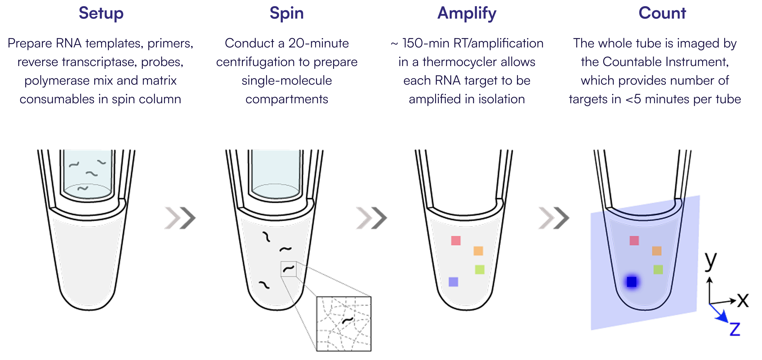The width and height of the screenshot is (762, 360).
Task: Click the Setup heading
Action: pyautogui.click(x=101, y=13)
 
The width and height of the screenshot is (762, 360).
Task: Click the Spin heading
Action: pyautogui.click(x=286, y=13)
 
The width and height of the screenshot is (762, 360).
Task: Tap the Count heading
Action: pyautogui.click(x=662, y=13)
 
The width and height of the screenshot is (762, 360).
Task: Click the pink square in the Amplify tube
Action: pyautogui.click(x=456, y=241)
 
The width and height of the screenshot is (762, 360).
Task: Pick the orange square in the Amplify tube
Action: pyautogui.click(x=478, y=251)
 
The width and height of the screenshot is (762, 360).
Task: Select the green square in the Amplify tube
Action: pyautogui.click(x=479, y=269)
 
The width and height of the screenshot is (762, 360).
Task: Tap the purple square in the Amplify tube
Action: pyautogui.click(x=453, y=282)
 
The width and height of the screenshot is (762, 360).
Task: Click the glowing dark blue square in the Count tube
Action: pyautogui.click(x=632, y=282)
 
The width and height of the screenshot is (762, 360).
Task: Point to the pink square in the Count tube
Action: pyautogui.click(x=634, y=241)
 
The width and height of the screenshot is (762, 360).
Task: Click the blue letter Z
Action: pyautogui.click(x=735, y=329)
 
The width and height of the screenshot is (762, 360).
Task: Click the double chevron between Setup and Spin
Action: pyautogui.click(x=180, y=218)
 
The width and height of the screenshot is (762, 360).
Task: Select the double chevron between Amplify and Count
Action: pyautogui.click(x=553, y=218)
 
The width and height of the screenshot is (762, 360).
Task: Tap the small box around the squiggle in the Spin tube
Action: pyautogui.click(x=288, y=269)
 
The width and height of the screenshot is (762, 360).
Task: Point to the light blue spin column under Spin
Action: pyautogui.click(x=276, y=174)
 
